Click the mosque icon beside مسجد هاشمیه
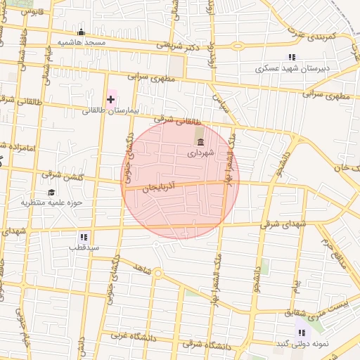click(81, 32)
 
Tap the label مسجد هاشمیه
click(81, 43)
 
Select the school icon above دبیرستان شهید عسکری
click(292, 57)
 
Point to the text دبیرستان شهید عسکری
click(290, 69)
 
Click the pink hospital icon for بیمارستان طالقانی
click(110, 99)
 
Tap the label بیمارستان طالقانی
click(111, 111)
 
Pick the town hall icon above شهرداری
click(200, 142)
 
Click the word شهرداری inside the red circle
click(200, 153)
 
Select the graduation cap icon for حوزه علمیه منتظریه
click(51, 192)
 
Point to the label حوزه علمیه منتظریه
click(51, 203)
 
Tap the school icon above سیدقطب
click(84, 237)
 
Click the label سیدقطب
click(84, 248)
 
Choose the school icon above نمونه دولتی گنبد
click(302, 333)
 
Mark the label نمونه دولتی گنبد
click(302, 344)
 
